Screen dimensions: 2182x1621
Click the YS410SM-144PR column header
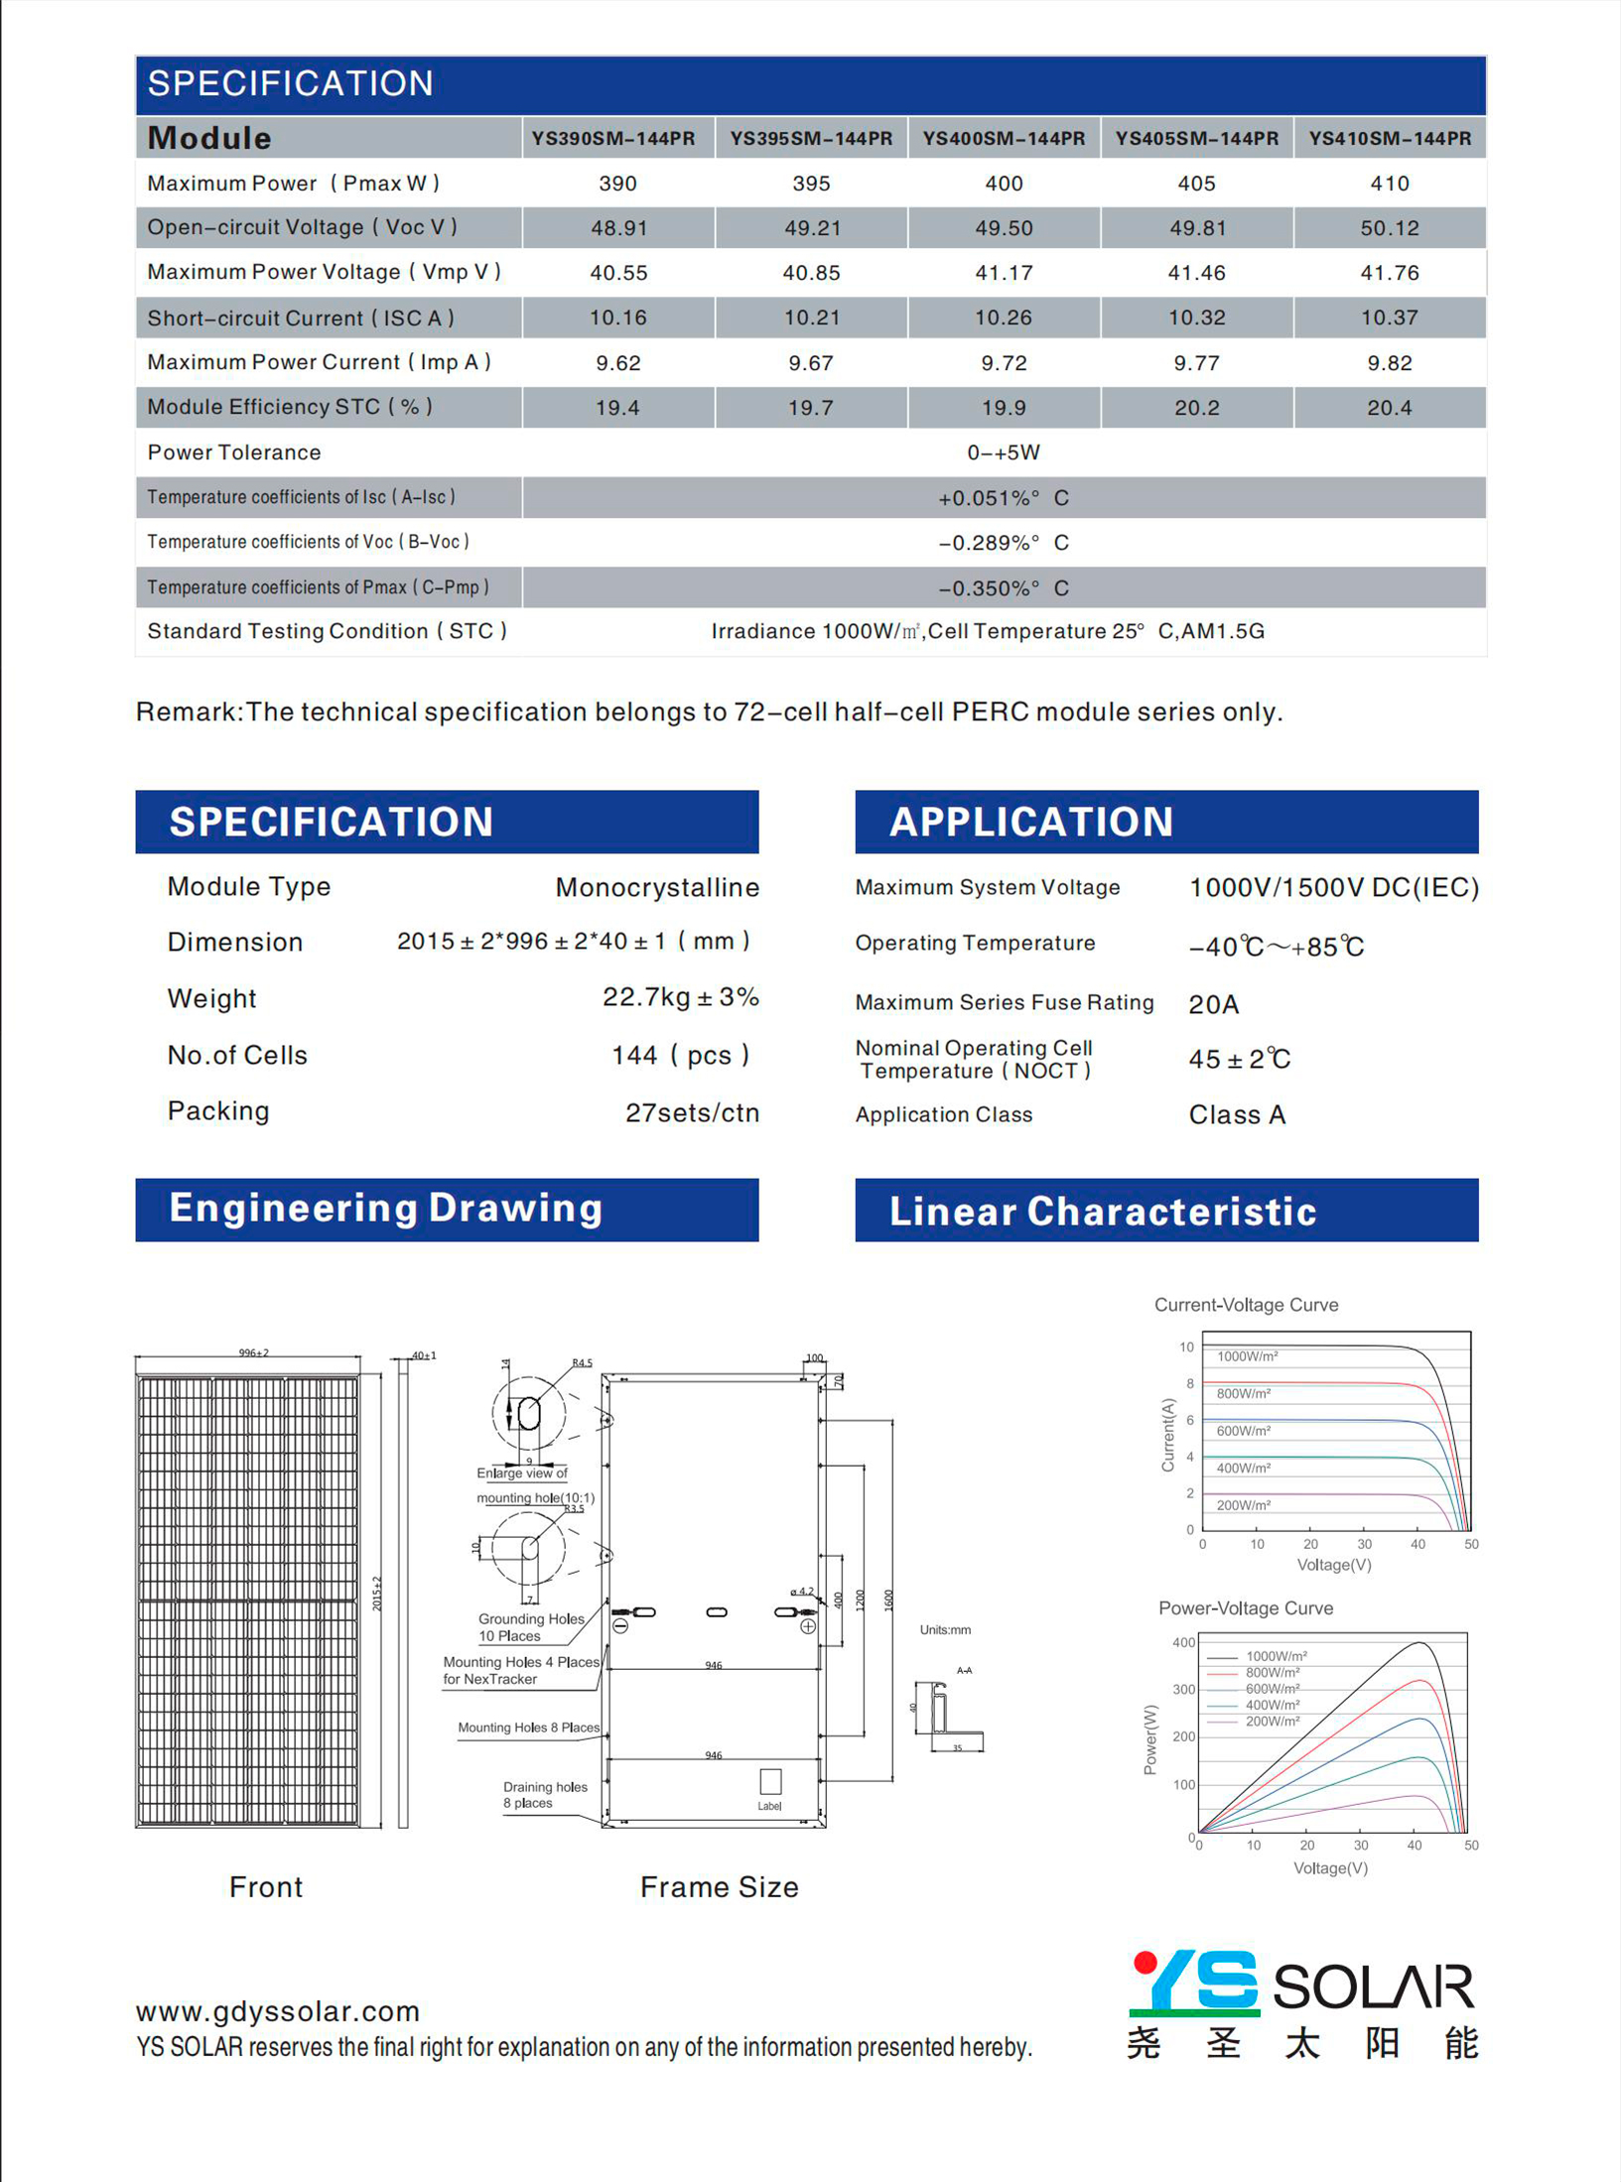coord(1390,139)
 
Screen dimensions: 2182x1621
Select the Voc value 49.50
coord(1004,228)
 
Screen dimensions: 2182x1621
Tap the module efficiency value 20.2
coord(1196,408)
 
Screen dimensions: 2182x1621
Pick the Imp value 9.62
coord(618,363)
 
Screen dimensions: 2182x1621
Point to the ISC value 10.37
coord(1389,318)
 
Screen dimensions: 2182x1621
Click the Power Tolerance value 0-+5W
coord(1004,452)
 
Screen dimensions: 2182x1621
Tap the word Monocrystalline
coord(657,887)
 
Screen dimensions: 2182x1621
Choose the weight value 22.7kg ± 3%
coord(680,997)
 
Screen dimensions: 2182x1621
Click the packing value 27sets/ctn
coord(692,1112)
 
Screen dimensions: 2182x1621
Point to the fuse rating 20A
coord(1213,1004)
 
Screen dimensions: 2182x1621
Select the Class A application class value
coord(1237,1114)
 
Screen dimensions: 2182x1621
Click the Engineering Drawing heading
coord(386,1209)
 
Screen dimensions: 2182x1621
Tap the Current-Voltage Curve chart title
coord(1246,1305)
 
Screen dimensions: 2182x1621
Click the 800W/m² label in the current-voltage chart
coord(1243,1393)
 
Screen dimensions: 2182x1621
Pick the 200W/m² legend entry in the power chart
coord(1273,1722)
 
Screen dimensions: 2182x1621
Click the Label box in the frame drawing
coord(770,1781)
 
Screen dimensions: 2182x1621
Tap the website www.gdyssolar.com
coord(278,2011)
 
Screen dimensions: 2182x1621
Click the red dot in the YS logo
coord(1145,1962)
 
